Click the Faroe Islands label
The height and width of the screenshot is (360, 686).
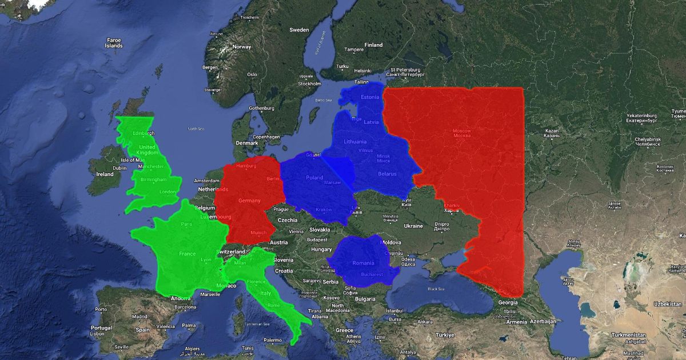point(114,42)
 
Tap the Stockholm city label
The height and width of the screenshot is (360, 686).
point(309,83)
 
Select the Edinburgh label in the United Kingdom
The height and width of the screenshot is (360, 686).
point(144,133)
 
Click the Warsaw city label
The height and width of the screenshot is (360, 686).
point(332,182)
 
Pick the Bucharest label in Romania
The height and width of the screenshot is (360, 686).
point(372,274)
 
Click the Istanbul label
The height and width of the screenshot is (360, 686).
point(394,311)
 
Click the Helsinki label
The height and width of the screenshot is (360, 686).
point(362,70)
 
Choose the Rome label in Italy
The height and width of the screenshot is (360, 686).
point(273,305)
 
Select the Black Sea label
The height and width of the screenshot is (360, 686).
point(436,289)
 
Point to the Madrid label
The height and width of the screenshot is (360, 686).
point(139,316)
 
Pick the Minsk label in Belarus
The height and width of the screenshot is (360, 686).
point(383,156)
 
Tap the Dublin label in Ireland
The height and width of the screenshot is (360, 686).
point(119,168)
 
